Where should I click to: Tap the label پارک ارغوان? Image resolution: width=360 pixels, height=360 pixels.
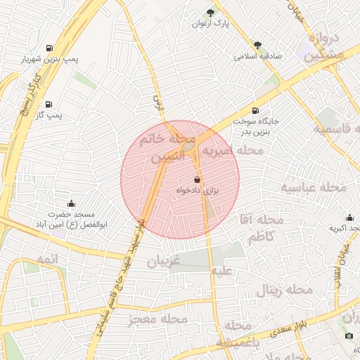[212, 24]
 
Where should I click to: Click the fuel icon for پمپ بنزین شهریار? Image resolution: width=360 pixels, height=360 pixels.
[49, 48]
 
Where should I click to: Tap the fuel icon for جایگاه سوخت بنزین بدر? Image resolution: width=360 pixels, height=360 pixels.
[255, 110]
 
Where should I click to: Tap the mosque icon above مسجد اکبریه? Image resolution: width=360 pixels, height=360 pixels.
[349, 217]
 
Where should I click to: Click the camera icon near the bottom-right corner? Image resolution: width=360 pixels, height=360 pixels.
[349, 336]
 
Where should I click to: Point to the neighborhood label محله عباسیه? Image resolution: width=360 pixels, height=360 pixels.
[314, 188]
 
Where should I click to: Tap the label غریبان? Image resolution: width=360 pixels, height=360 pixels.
[164, 262]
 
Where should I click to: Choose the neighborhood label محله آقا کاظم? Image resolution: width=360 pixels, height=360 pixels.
[261, 229]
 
